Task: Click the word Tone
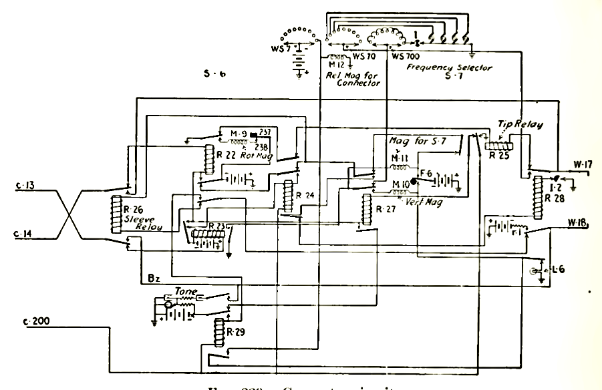[x=184, y=291]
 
